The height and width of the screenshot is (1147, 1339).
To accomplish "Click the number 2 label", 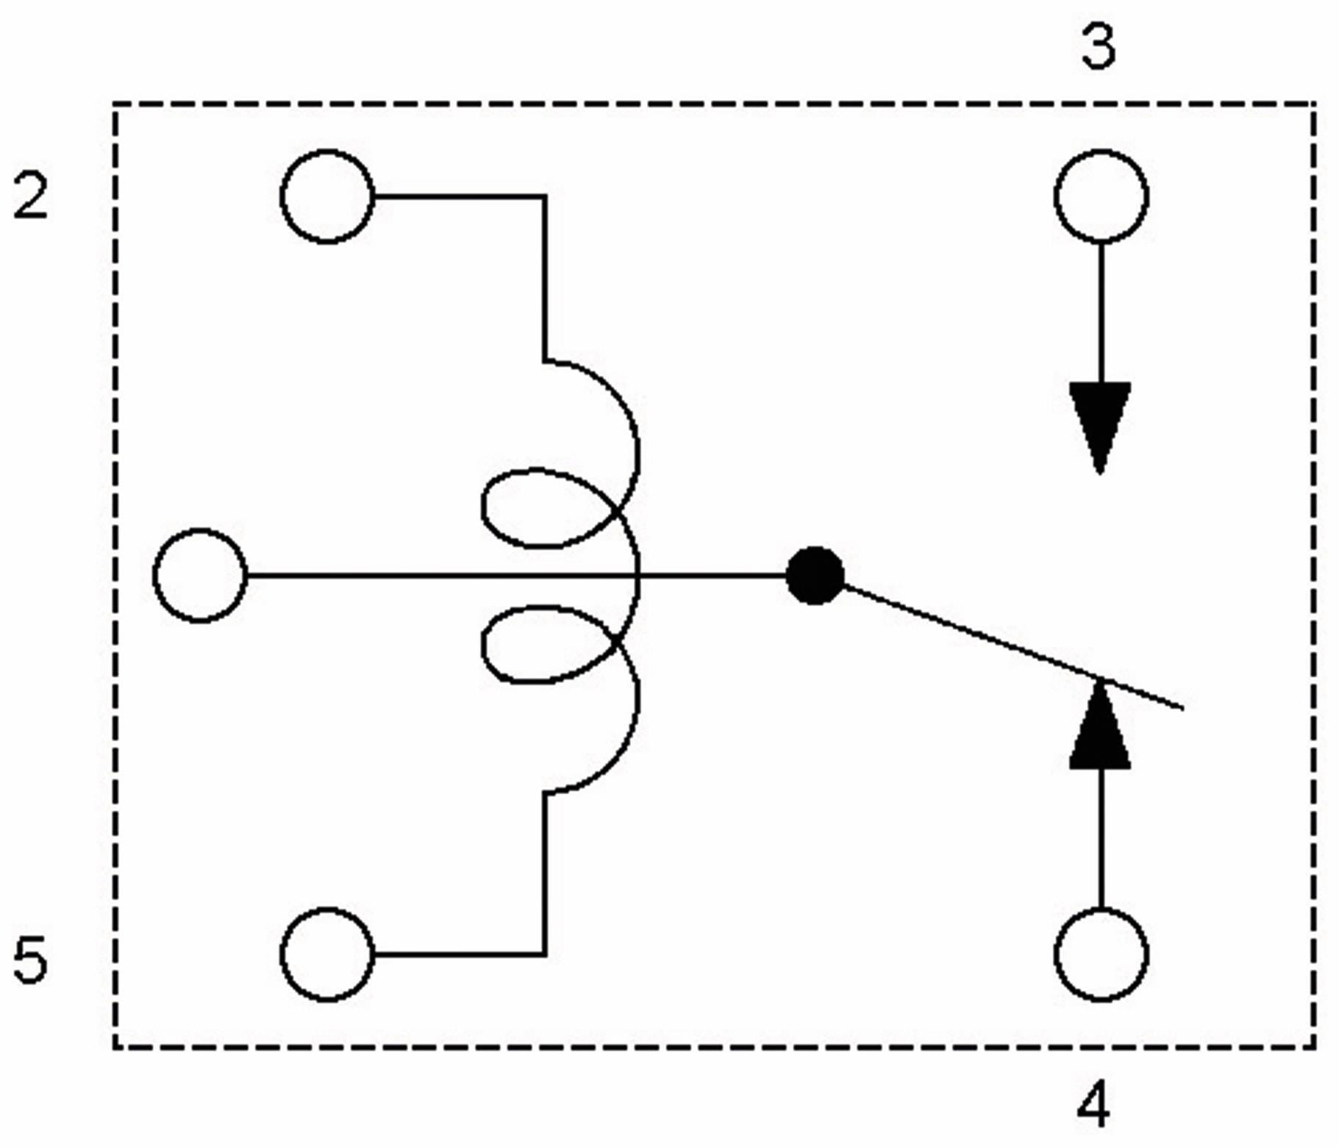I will pyautogui.click(x=31, y=196).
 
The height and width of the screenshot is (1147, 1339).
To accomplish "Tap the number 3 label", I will pyautogui.click(x=1099, y=46).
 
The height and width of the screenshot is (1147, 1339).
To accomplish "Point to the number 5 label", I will pyautogui.click(x=31, y=960).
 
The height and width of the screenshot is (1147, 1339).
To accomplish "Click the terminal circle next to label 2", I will pyautogui.click(x=327, y=196).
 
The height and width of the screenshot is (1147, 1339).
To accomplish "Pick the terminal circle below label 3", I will pyautogui.click(x=1101, y=196).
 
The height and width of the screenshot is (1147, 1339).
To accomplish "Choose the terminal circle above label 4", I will pyautogui.click(x=1101, y=954).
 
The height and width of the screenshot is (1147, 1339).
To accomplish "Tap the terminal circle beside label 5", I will pyautogui.click(x=327, y=954).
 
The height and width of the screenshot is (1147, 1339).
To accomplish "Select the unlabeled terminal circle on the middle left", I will pyautogui.click(x=200, y=575).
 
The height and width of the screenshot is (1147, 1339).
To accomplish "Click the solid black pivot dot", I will pyautogui.click(x=815, y=575).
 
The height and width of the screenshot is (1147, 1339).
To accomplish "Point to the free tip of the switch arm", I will pyautogui.click(x=1181, y=708).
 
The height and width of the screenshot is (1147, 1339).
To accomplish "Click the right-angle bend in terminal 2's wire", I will pyautogui.click(x=545, y=196).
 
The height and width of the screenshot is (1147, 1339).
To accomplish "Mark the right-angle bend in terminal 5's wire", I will pyautogui.click(x=545, y=954).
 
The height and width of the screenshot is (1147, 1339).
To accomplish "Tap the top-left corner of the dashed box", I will pyautogui.click(x=115, y=104).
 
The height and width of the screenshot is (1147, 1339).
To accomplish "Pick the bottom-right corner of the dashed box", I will pyautogui.click(x=1314, y=1046).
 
